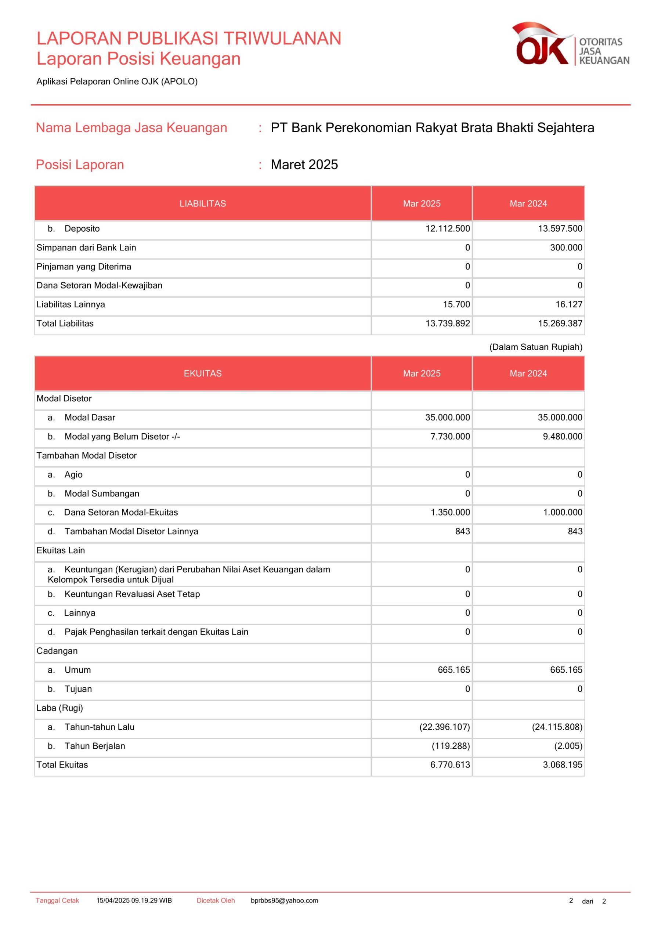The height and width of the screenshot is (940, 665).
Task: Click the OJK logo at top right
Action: (x=570, y=44)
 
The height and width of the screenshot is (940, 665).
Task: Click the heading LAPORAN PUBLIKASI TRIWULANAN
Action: (x=189, y=39)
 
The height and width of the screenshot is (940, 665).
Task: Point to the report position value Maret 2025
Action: (x=304, y=164)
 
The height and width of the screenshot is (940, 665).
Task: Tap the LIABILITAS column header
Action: (x=203, y=203)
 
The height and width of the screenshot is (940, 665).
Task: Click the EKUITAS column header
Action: (x=203, y=373)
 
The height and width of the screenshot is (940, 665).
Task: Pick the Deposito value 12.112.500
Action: (x=448, y=228)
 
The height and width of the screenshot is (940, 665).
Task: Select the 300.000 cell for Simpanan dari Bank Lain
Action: (x=566, y=248)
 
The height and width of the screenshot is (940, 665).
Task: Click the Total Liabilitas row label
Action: (x=65, y=323)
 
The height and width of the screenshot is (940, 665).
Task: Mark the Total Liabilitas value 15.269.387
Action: (x=560, y=323)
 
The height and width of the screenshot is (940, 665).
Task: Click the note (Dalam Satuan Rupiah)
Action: (x=536, y=347)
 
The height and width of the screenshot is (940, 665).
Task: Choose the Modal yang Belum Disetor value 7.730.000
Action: (x=450, y=437)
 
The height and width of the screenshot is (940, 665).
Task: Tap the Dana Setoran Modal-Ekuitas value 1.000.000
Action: (x=562, y=512)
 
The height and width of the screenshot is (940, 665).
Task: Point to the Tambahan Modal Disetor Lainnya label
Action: (x=131, y=531)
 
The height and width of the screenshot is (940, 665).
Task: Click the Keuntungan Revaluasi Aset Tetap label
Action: (x=132, y=594)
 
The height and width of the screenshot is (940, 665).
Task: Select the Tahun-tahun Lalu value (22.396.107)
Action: (x=444, y=727)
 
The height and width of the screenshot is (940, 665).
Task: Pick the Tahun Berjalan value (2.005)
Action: (x=568, y=746)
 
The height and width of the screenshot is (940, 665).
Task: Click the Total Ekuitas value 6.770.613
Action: (x=450, y=765)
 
